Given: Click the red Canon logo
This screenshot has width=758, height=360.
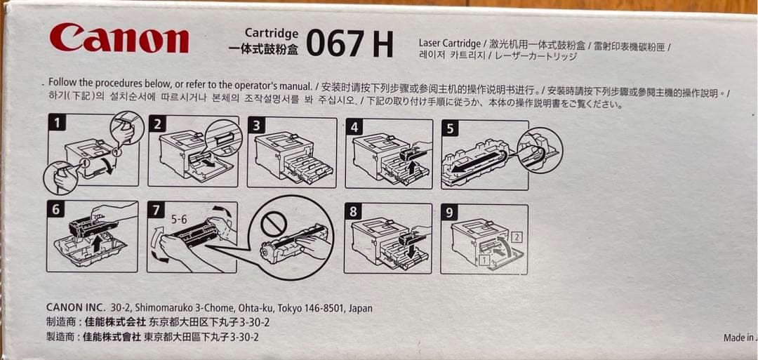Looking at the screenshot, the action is [119, 39].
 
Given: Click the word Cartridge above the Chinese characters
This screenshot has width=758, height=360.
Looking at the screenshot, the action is [271, 34].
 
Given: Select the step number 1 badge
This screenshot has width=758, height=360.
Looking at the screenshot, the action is [58, 123].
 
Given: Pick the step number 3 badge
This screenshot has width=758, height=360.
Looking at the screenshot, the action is [255, 126].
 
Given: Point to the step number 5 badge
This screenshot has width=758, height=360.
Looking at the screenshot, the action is [450, 128].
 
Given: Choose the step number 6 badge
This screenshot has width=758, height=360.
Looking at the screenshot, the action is [56, 210].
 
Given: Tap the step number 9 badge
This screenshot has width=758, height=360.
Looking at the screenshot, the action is [448, 213].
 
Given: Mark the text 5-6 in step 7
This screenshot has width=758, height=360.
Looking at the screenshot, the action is [179, 219].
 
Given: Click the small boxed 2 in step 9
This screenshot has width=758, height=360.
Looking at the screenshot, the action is [517, 236].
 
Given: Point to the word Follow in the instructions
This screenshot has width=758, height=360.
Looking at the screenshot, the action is [60, 82].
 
